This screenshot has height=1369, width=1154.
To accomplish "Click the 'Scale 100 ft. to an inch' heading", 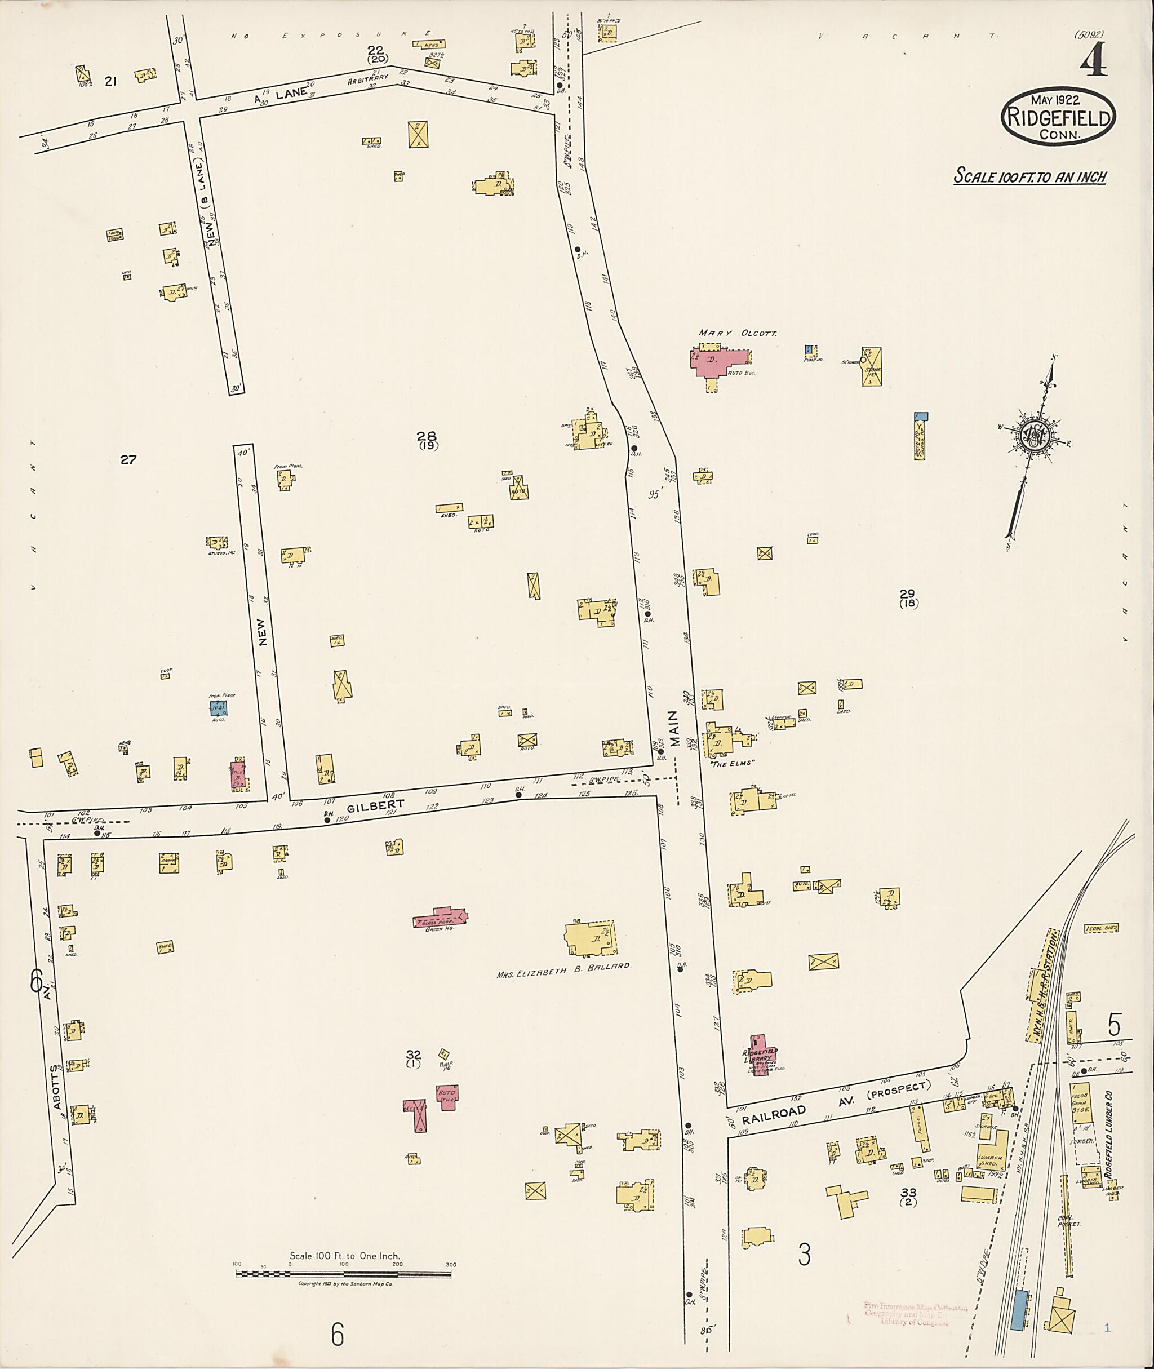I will coord(1029,176).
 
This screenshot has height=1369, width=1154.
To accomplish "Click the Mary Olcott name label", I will coord(737,333).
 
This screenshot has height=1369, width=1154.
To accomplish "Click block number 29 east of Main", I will coord(907,593).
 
